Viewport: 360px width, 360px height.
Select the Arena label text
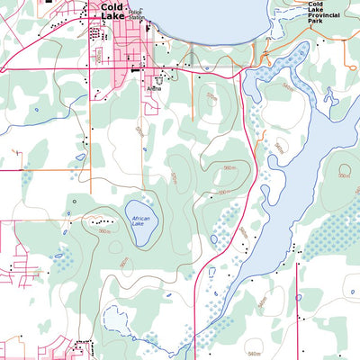tap(154, 89)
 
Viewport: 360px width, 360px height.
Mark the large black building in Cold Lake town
tap(135, 69)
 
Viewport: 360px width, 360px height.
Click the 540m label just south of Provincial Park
tap(288, 87)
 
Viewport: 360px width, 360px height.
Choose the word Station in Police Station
tap(137, 18)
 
